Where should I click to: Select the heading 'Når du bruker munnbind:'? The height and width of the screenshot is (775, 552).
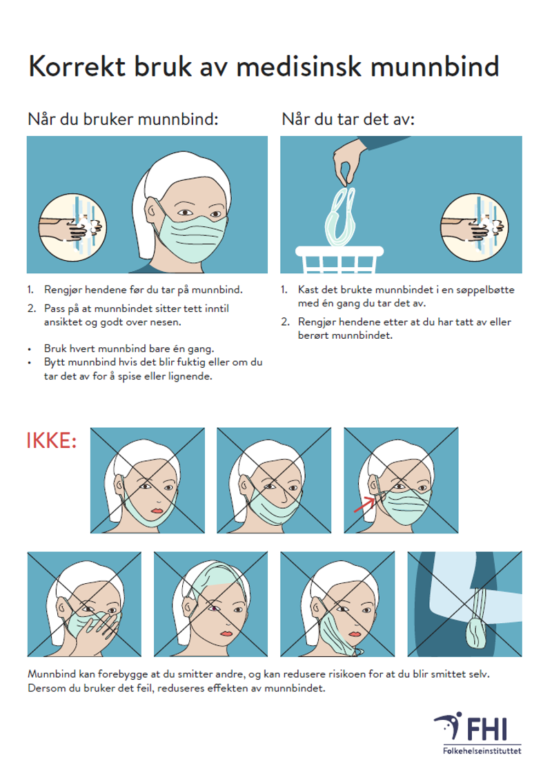(123, 119)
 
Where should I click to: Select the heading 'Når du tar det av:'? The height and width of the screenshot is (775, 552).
(348, 119)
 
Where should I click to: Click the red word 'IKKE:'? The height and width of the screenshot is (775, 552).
(52, 441)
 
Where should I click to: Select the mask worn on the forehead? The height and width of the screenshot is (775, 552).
(213, 581)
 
